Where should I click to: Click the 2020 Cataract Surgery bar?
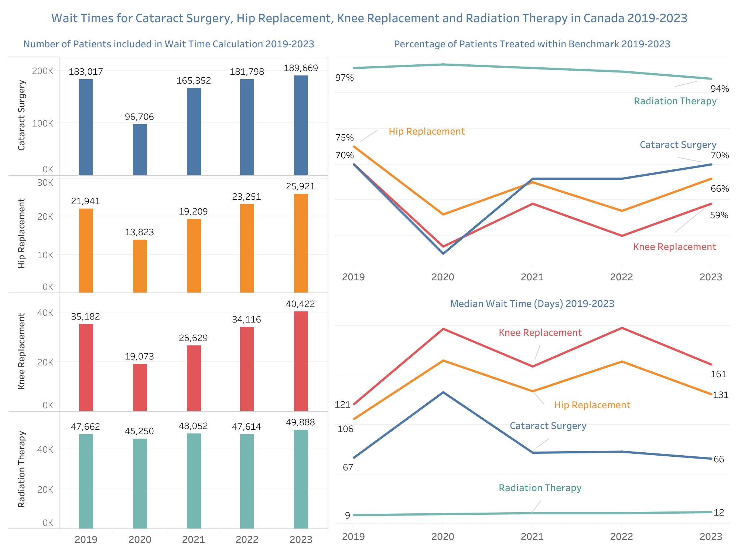[x=140, y=149]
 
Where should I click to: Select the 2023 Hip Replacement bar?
[x=301, y=243]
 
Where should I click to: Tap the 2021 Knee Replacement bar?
[x=194, y=378]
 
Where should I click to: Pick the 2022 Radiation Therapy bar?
[x=247, y=481]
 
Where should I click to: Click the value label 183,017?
[x=86, y=72]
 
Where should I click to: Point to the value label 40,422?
[x=300, y=304]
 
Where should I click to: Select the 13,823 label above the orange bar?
[x=139, y=232]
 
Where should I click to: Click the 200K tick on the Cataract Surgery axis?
[x=43, y=71]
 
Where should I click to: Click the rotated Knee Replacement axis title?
[x=21, y=351]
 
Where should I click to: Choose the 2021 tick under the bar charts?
[x=194, y=540]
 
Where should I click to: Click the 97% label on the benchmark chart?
[x=344, y=78]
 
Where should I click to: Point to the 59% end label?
[x=719, y=215]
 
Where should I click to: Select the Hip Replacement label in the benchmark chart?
[x=427, y=132]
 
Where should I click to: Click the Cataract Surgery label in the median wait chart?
[x=548, y=426]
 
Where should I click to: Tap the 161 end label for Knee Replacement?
[x=718, y=374]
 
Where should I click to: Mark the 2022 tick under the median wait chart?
[x=622, y=537]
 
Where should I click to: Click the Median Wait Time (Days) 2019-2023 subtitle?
[x=532, y=304]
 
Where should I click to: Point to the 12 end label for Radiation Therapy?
[x=719, y=513]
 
